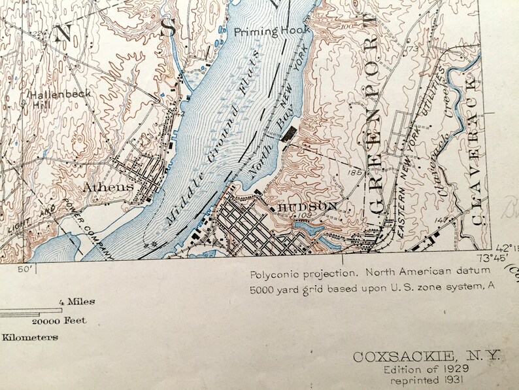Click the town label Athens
pos(108,187)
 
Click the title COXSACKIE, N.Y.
pos(426,357)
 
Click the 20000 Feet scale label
pos(59,321)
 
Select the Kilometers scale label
pos(29,338)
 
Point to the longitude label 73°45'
pos(493,257)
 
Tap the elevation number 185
pos(356,172)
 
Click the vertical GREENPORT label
pos(375,124)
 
